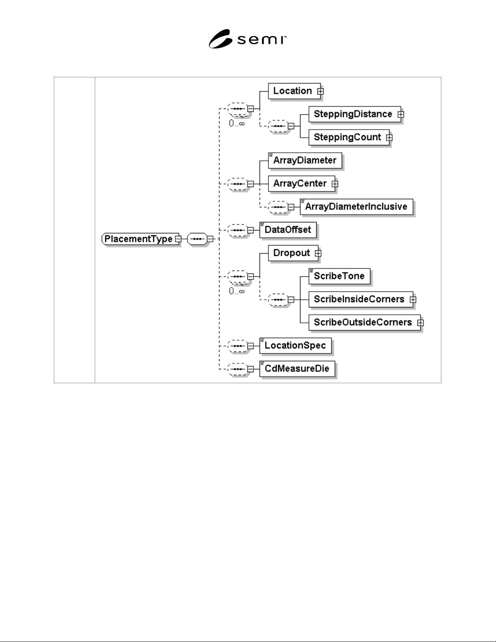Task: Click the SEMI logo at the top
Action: click(x=247, y=39)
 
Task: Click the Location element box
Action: click(x=294, y=91)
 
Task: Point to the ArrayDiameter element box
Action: click(x=304, y=160)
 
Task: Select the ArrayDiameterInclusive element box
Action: click(x=356, y=207)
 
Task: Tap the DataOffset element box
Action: click(x=288, y=230)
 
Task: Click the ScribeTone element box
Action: click(x=339, y=276)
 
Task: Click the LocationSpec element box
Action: click(x=295, y=346)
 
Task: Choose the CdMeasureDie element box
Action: click(x=297, y=369)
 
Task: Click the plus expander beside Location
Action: click(x=320, y=91)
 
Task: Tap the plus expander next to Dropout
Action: click(x=318, y=254)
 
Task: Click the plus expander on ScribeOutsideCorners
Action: click(x=420, y=323)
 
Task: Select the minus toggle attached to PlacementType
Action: click(x=178, y=239)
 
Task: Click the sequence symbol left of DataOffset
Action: click(x=238, y=230)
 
